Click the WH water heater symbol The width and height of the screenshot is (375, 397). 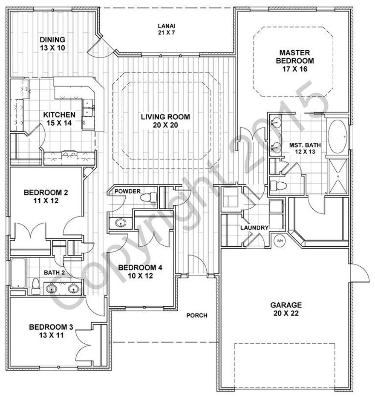pos(280,241)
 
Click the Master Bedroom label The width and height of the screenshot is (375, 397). pos(294,60)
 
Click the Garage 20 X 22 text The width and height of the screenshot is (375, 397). pos(286,309)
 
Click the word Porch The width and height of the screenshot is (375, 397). pos(197,316)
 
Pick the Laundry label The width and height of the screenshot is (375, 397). pos(254,228)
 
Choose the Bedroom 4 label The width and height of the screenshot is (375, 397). pos(140,271)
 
